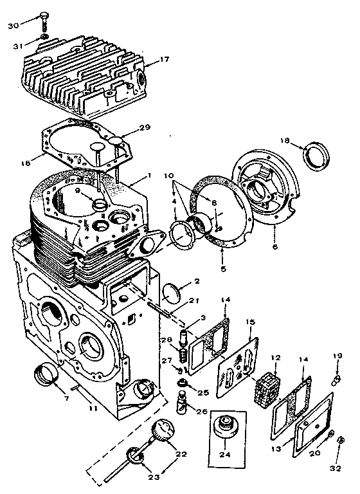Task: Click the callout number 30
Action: pos(13,24)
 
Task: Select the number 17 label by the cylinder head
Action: pos(165,60)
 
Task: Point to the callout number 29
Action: pos(145,128)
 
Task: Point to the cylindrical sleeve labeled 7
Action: pos(45,376)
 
